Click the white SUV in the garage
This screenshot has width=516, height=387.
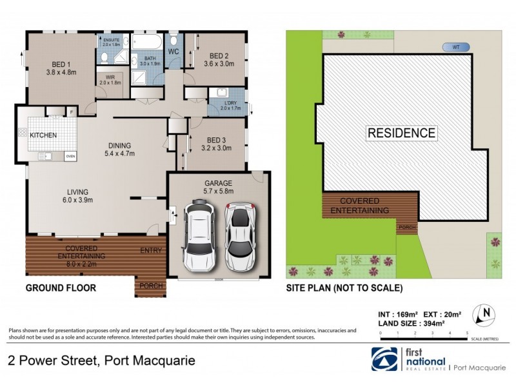pyautogui.click(x=199, y=236)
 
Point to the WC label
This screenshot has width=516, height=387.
pyautogui.click(x=174, y=51)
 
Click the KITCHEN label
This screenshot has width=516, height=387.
pyautogui.click(x=43, y=135)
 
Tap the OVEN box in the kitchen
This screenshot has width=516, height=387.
pyautogui.click(x=70, y=155)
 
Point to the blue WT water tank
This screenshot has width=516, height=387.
pyautogui.click(x=455, y=46)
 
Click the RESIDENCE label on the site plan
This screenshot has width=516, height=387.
pyautogui.click(x=401, y=134)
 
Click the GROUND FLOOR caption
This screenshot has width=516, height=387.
pyautogui.click(x=61, y=288)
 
